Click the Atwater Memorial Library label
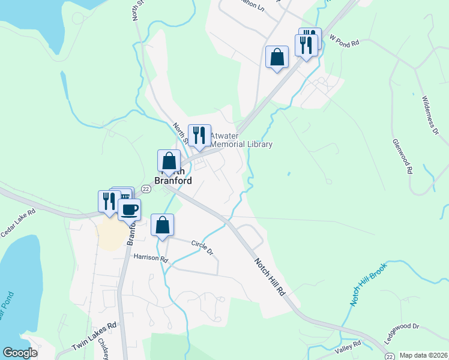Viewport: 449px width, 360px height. click(x=240, y=140)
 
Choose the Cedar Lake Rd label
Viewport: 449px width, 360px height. click(x=19, y=221)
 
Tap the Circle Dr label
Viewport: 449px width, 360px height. click(x=202, y=247)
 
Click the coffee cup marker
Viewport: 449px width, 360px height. click(x=130, y=209)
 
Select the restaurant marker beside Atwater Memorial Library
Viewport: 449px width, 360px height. click(x=199, y=136)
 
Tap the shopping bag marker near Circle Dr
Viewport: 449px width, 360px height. click(x=162, y=225)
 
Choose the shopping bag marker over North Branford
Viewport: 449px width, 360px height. click(x=169, y=161)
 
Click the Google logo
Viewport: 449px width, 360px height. click(x=20, y=353)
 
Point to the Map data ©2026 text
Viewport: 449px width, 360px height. click(x=423, y=355)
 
